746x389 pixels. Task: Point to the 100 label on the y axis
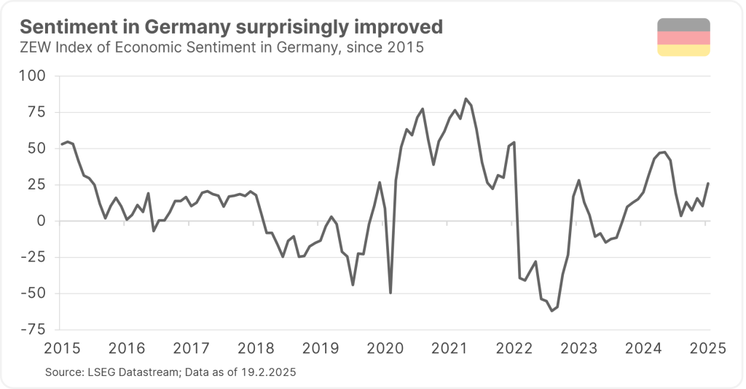pyautogui.click(x=33, y=76)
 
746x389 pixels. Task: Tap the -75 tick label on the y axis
pyautogui.click(x=33, y=330)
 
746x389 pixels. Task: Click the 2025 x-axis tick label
pyautogui.click(x=707, y=347)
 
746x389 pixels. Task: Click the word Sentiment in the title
pyautogui.click(x=59, y=28)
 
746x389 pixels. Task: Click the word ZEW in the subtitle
pyautogui.click(x=34, y=49)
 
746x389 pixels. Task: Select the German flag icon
pyautogui.click(x=683, y=38)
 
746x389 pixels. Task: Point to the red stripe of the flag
pyautogui.click(x=683, y=38)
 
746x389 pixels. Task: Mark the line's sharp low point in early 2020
pyautogui.click(x=390, y=293)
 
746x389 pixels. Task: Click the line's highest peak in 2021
pyautogui.click(x=466, y=98)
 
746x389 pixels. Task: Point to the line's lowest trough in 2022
pyautogui.click(x=551, y=311)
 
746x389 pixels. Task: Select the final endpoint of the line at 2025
pyautogui.click(x=708, y=183)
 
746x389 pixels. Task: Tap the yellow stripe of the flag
pyautogui.click(x=683, y=50)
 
